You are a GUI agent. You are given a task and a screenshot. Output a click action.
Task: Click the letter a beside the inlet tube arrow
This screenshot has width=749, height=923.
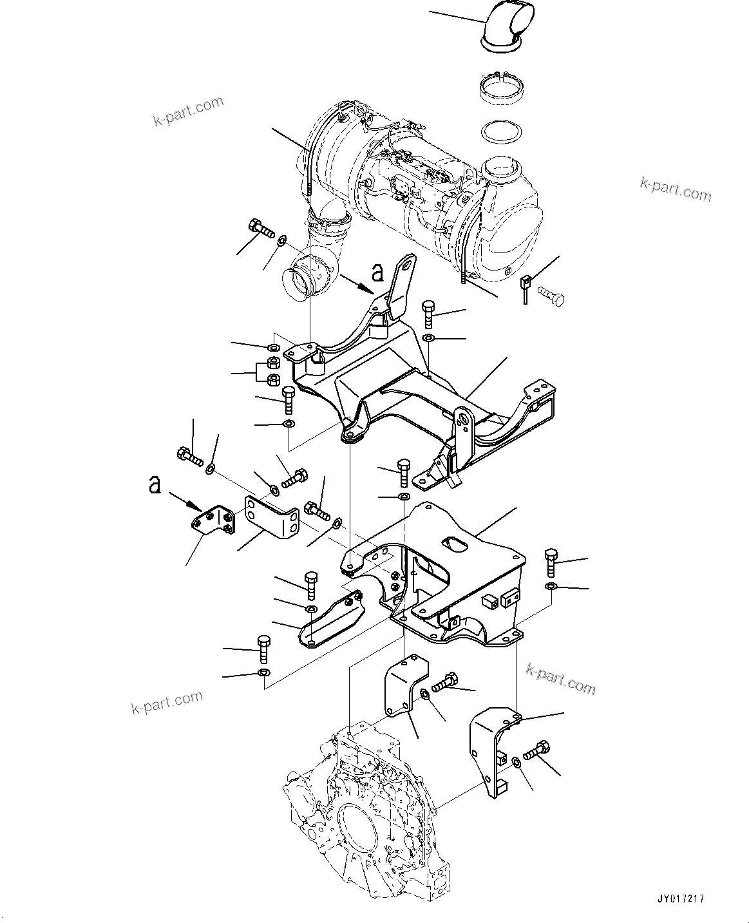(378, 273)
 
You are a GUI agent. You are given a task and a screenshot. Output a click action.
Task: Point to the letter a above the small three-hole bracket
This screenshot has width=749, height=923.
(155, 484)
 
